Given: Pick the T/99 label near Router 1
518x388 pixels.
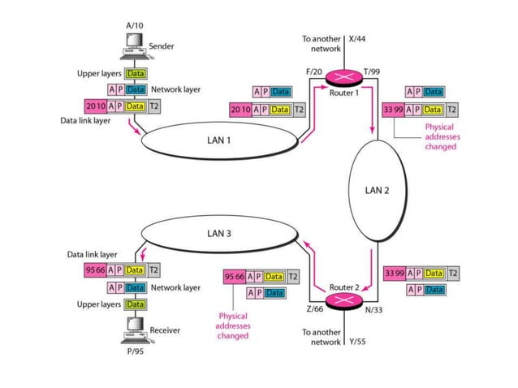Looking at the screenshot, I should (x=372, y=72).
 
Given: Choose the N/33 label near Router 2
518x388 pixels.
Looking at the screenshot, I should (x=375, y=309).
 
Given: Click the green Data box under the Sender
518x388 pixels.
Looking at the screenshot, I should (x=135, y=74).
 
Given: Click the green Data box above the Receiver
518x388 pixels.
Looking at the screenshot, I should (x=135, y=304).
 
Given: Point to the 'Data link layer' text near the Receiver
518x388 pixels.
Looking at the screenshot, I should (x=92, y=254).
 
